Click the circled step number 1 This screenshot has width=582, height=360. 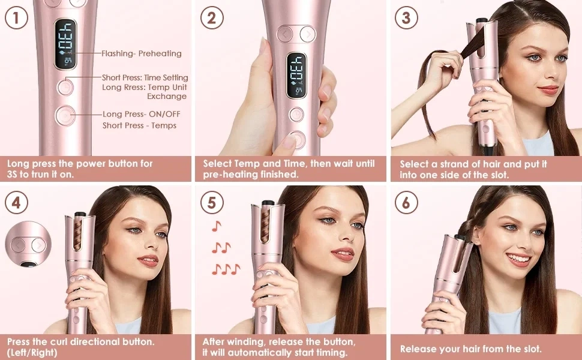[x=16, y=17]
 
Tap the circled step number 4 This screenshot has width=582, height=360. [x=16, y=203]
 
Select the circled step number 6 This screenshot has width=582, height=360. [x=406, y=203]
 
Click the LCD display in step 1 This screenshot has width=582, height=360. [x=65, y=44]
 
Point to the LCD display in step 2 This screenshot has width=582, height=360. [x=296, y=76]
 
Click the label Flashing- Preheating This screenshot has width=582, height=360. [x=142, y=53]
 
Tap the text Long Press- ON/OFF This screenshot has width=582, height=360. [x=142, y=114]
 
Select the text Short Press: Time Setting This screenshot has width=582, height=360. [x=145, y=77]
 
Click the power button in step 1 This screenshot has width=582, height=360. [x=65, y=115]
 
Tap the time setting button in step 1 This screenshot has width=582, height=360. [x=65, y=87]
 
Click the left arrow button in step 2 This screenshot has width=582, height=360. [x=285, y=35]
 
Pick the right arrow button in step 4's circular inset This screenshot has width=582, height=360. [x=38, y=245]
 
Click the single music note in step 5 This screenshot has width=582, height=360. [x=217, y=226]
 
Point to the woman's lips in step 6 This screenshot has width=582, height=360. [x=518, y=259]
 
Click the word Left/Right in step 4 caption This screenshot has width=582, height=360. [x=32, y=352]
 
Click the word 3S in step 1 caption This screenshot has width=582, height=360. [x=12, y=174]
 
